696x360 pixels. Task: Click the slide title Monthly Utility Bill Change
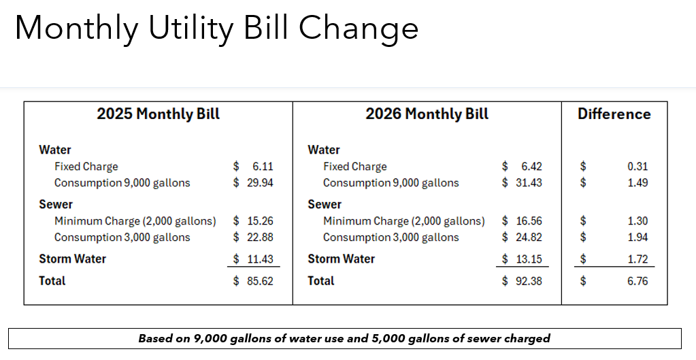click(x=216, y=29)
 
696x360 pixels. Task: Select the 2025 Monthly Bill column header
click(x=158, y=114)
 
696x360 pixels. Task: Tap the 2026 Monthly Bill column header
click(x=427, y=114)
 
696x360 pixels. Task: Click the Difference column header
click(x=614, y=114)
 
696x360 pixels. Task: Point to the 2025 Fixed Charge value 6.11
click(x=262, y=166)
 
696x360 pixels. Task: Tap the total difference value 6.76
click(x=637, y=280)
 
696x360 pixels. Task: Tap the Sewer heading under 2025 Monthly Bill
click(x=56, y=204)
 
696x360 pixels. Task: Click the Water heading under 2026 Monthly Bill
click(x=324, y=150)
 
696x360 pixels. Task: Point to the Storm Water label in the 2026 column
click(x=341, y=259)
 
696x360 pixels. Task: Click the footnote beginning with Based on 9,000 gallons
click(x=344, y=338)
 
